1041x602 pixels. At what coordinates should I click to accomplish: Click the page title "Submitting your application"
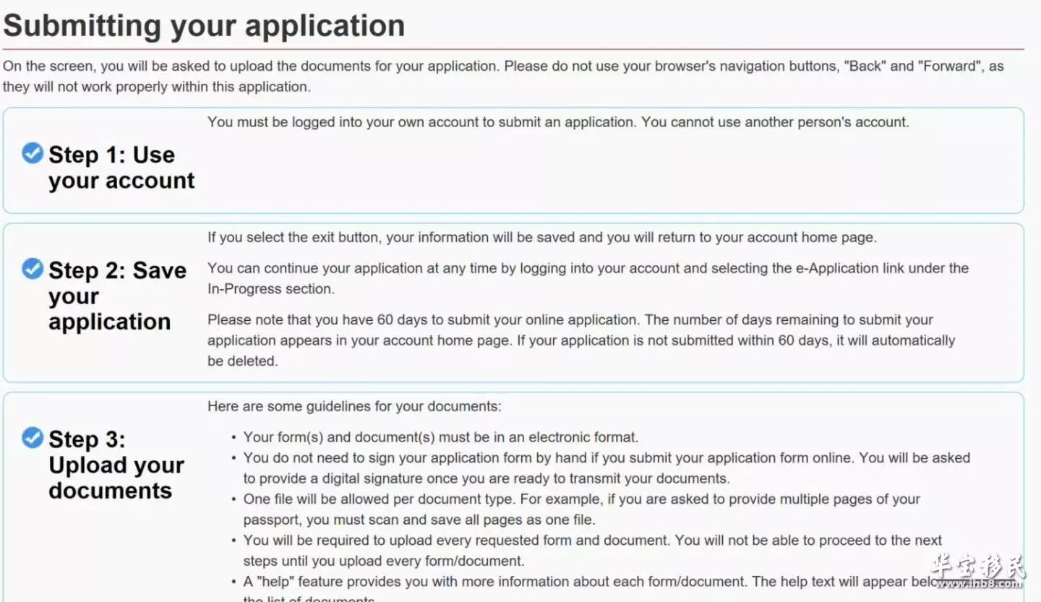pos(204,26)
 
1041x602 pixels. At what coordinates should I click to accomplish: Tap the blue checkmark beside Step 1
pos(33,152)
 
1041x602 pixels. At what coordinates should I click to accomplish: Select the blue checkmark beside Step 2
pos(33,269)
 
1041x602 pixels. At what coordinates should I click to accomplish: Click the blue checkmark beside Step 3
pos(33,437)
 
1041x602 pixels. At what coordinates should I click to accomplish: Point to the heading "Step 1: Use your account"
pos(121,168)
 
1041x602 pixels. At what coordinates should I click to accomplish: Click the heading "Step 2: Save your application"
pos(117,296)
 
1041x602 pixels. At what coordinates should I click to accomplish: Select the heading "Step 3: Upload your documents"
pos(116,465)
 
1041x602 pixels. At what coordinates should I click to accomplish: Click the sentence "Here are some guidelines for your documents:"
pos(354,406)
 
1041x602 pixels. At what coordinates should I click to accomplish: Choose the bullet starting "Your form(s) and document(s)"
pos(440,437)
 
